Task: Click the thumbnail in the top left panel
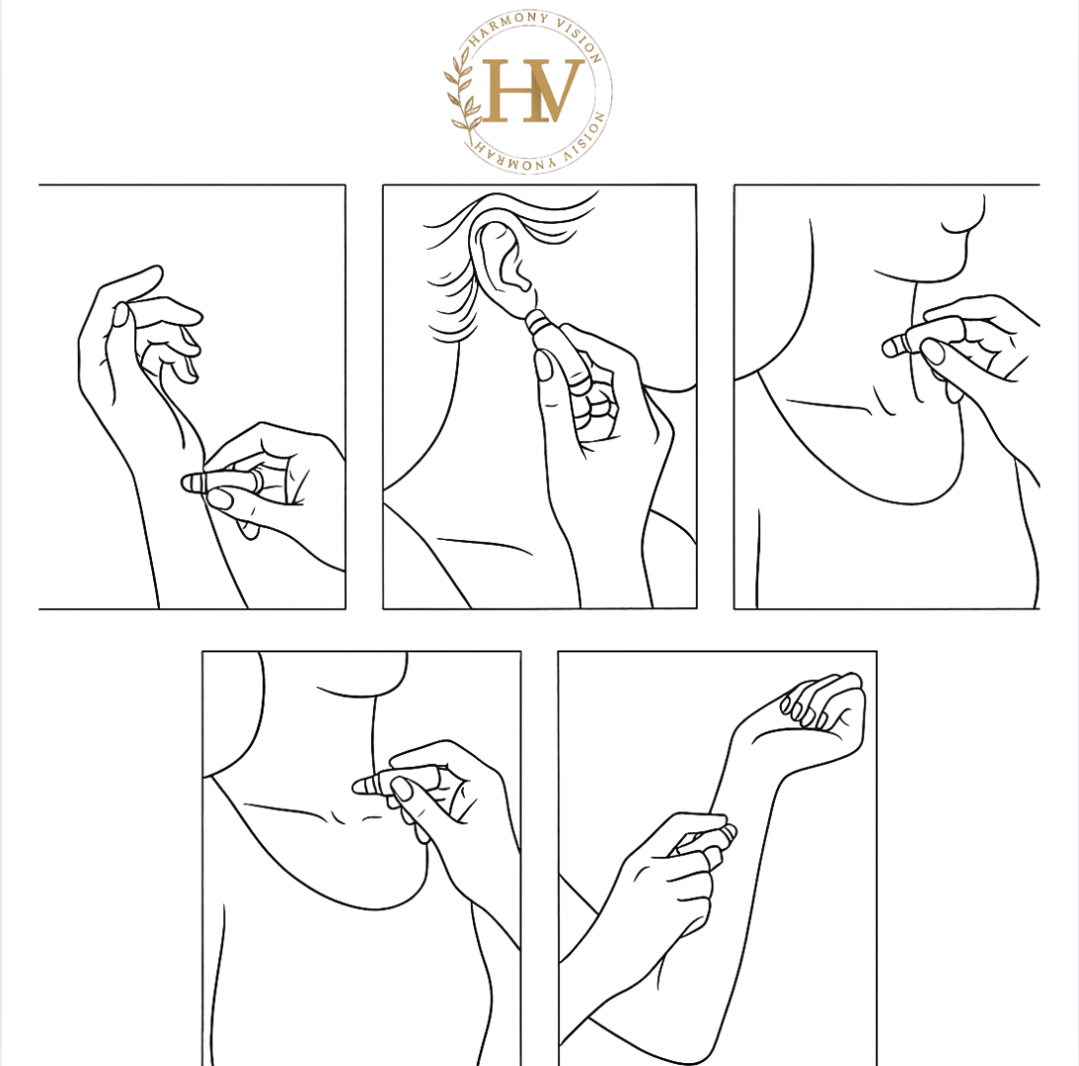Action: [x=220, y=498]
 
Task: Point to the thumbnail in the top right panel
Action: [x=933, y=351]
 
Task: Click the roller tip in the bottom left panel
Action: [x=363, y=786]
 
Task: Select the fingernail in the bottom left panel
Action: [x=400, y=789]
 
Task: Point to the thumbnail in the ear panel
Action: [x=544, y=365]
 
